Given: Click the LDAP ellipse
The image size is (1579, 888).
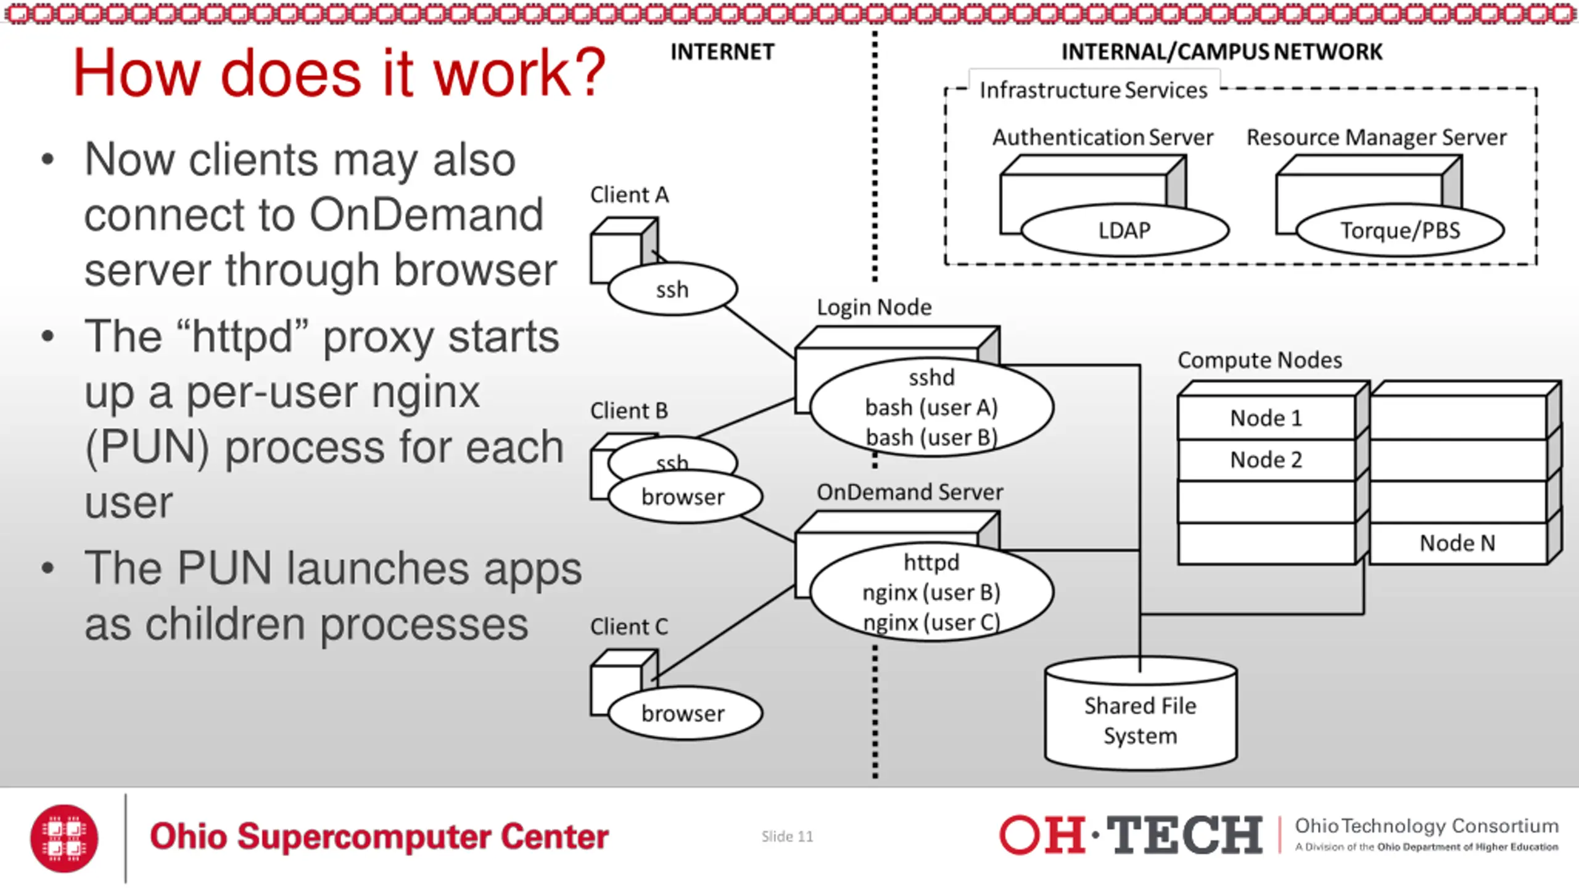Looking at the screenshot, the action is (1124, 230).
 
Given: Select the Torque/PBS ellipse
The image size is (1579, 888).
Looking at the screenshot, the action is (1400, 230).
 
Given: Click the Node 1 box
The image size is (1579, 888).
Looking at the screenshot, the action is (1266, 417).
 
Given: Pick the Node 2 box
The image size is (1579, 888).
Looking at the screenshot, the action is (1266, 460).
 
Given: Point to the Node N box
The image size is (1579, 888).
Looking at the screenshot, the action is (1458, 543).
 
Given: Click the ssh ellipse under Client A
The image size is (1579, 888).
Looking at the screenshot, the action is (672, 289).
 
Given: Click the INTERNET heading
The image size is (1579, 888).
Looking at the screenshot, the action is (722, 52).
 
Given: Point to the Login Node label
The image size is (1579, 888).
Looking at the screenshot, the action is (874, 307).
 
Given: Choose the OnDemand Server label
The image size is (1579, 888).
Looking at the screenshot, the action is (910, 492).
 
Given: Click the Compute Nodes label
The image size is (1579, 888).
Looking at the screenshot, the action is (1259, 360).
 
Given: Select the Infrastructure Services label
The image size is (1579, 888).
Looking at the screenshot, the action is (1093, 91).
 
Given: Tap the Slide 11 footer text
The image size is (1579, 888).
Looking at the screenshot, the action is (787, 836).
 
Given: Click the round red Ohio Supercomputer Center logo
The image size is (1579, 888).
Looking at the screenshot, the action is (64, 838).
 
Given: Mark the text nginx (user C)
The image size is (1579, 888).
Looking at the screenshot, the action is (931, 622).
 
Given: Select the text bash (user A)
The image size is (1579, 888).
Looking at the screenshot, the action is (931, 408).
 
